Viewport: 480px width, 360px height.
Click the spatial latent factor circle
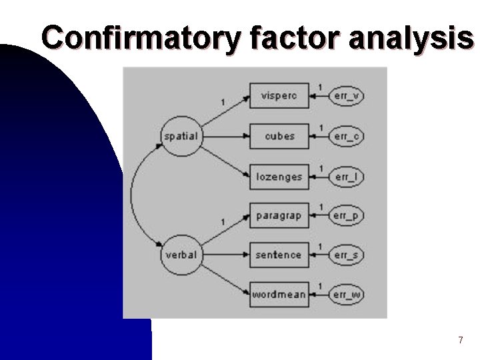coord(181,136)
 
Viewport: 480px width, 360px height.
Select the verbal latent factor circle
coord(181,255)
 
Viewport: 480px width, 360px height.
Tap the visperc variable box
coord(279,96)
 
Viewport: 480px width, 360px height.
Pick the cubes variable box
coord(279,136)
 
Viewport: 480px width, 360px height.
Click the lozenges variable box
coord(279,177)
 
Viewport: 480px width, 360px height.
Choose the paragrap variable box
coord(279,216)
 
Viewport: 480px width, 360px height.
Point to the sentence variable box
coord(279,255)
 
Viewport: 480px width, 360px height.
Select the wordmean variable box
coord(279,294)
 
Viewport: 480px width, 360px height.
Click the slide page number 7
coord(460,341)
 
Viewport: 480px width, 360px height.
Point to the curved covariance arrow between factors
coord(132,195)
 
